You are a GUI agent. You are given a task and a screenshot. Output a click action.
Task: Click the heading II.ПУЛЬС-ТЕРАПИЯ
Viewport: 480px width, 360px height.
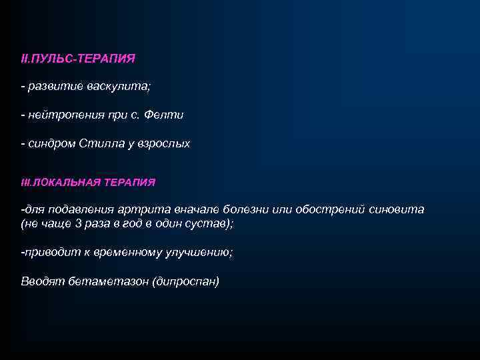(x=78, y=59)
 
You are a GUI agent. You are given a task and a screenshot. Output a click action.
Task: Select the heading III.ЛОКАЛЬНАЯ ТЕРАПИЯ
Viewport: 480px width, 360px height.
(x=88, y=181)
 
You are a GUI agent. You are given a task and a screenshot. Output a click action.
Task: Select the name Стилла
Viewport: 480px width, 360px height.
(x=98, y=143)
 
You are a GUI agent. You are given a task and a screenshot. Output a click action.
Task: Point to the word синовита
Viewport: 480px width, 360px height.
(x=396, y=209)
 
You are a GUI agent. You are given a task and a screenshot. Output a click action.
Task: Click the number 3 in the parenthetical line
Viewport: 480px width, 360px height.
(x=79, y=224)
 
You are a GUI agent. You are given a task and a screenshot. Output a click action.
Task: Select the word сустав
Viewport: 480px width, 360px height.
(x=211, y=224)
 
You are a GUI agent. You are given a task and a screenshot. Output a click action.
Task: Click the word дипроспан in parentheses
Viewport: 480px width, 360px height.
(x=186, y=281)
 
